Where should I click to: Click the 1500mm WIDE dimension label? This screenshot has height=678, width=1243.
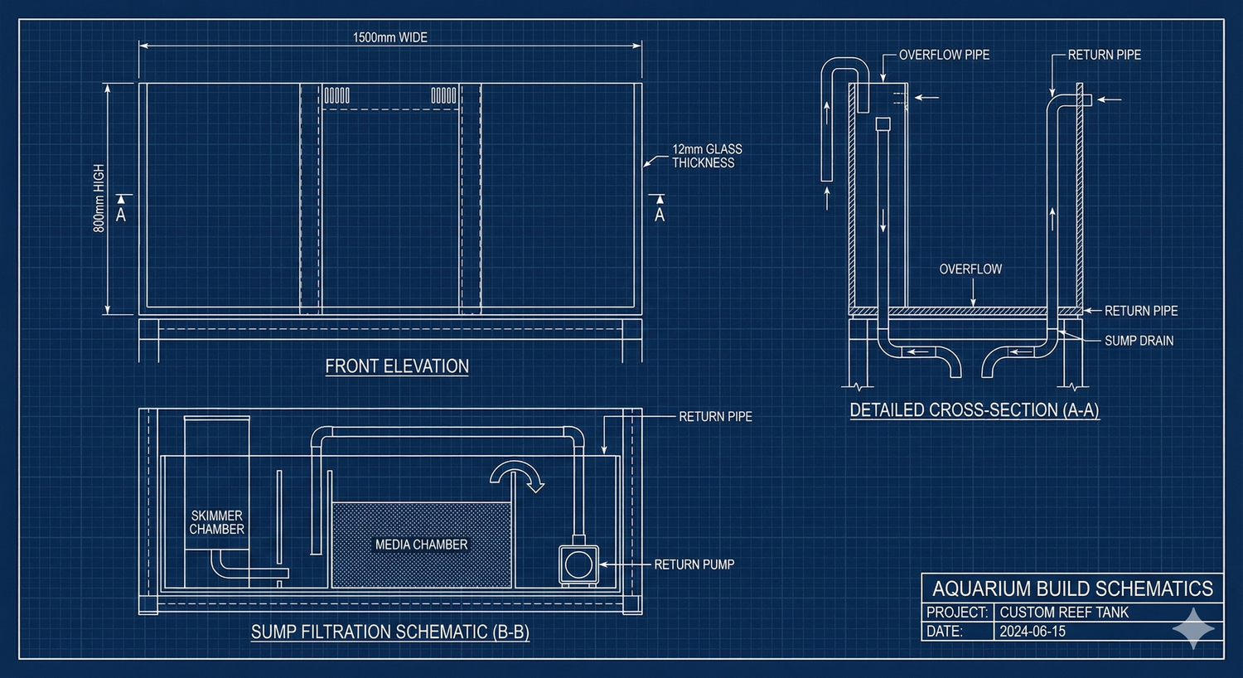coord(389,37)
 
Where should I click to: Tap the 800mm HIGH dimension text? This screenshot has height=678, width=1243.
coord(99,198)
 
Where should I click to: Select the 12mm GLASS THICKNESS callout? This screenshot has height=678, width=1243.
coord(706,156)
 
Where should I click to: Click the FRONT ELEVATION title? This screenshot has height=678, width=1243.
coord(397,366)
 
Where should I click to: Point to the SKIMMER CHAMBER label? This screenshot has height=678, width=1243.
coord(216,522)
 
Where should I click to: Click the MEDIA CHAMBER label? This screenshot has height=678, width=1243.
coord(421,545)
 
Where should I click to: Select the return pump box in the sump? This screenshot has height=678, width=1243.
coord(577,564)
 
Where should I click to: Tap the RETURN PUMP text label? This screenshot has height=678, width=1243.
coord(694,564)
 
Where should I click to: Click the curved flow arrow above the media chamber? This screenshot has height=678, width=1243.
coord(515,476)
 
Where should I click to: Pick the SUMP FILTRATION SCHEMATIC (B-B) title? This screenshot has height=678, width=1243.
coord(389,632)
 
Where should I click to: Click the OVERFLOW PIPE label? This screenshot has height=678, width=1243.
coord(944,55)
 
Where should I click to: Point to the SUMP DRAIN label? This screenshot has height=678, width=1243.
coord(1139,341)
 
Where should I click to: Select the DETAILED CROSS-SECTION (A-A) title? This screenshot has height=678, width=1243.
coord(975,409)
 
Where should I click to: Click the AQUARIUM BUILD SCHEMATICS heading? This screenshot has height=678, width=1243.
coord(1072,588)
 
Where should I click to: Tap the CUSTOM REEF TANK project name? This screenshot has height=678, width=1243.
coord(1064,613)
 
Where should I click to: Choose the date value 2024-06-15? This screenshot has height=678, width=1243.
coord(1033,632)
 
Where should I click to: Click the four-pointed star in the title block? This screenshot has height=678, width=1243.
coord(1193,628)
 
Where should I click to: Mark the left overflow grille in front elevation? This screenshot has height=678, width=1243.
coord(336,95)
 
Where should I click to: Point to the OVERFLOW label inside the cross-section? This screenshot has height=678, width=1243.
coord(970,269)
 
